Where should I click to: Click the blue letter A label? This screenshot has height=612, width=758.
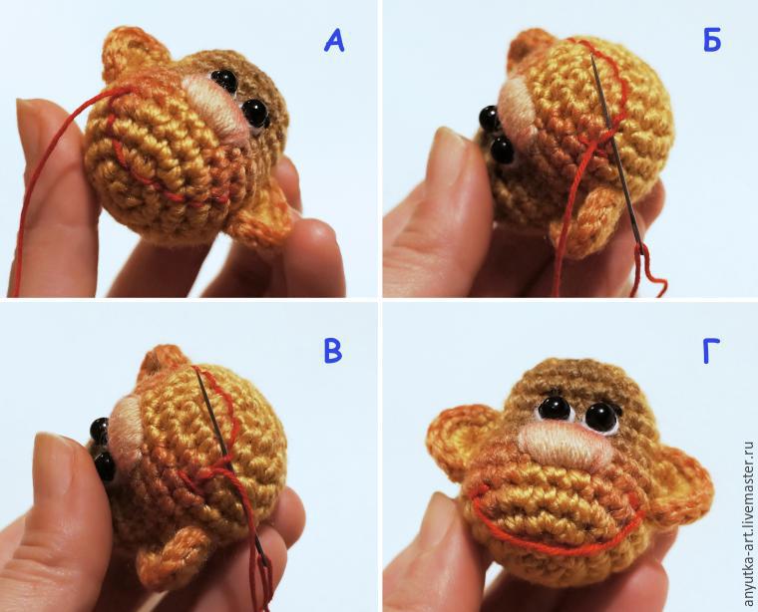coord(334,41)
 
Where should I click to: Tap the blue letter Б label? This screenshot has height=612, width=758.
coord(711,40)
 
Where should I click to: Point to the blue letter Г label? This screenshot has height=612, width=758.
coord(711,350)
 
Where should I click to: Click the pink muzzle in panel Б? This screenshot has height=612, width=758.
coord(517,110)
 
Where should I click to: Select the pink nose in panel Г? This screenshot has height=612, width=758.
coord(566,447)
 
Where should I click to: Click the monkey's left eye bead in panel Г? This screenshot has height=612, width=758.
coord(554,409)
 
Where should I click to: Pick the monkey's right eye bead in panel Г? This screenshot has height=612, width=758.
coord(601,418)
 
